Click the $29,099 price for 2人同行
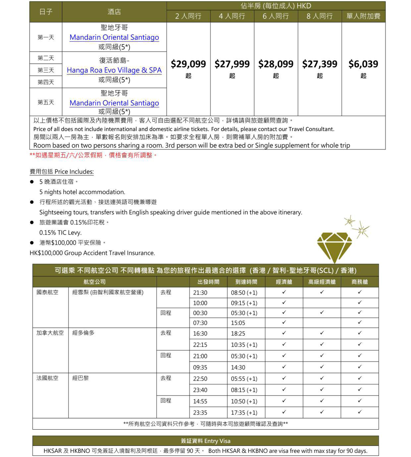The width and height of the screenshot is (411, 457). click(x=188, y=64)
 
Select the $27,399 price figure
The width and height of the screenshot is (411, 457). click(x=320, y=64)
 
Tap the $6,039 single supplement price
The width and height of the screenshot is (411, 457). click(x=363, y=64)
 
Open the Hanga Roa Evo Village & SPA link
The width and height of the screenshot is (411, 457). click(x=114, y=70)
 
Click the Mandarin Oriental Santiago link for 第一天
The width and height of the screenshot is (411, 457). click(x=114, y=37)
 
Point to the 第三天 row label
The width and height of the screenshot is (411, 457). click(x=46, y=70)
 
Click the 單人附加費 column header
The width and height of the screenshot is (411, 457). click(x=363, y=16)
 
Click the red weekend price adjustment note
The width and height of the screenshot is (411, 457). click(x=93, y=155)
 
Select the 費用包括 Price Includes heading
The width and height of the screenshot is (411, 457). click(x=62, y=172)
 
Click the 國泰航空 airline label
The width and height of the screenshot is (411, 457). click(x=47, y=292)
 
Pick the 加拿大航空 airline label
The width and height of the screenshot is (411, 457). click(x=50, y=333)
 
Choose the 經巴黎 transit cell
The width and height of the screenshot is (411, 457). click(x=80, y=378)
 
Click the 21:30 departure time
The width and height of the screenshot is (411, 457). click(x=200, y=293)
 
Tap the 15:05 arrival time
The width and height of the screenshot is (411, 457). click(x=238, y=323)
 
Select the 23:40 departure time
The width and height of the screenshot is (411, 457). click(x=200, y=390)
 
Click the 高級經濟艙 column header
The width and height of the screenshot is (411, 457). click(x=322, y=282)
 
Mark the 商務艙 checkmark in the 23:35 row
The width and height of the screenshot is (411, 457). click(x=360, y=412)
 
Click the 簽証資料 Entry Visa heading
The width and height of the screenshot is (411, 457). click(x=205, y=441)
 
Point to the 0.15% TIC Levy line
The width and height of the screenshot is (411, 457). click(x=61, y=233)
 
